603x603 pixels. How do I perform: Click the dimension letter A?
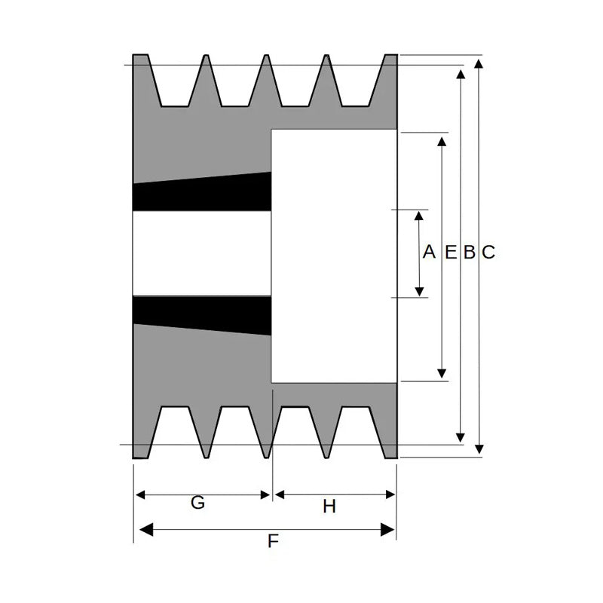click(x=429, y=252)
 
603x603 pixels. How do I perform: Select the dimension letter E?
click(x=450, y=253)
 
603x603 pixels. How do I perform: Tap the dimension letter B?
click(x=469, y=253)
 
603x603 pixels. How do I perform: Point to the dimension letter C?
click(x=488, y=253)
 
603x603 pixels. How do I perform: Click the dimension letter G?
click(x=197, y=503)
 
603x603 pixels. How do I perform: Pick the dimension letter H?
click(x=329, y=507)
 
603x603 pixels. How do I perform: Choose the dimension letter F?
click(x=274, y=540)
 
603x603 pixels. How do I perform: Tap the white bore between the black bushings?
click(x=201, y=253)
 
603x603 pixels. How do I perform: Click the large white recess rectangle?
click(x=334, y=256)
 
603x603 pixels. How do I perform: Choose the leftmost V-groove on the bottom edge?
click(x=174, y=426)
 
